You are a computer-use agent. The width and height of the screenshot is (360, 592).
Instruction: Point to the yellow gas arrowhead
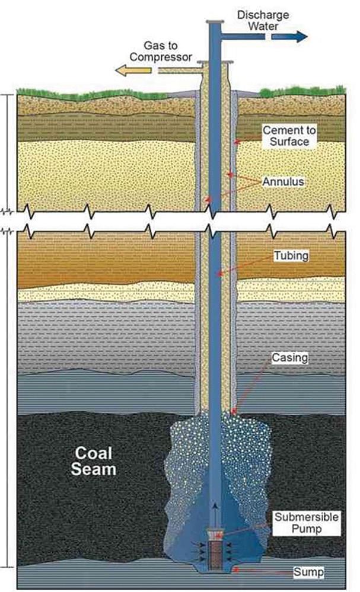(122, 71)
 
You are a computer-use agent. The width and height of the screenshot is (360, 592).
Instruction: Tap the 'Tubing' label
(289, 257)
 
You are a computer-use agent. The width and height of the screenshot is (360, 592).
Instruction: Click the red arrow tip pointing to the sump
(234, 568)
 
